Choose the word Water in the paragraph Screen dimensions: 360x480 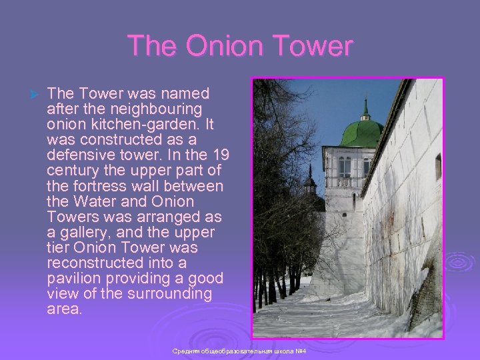(96, 201)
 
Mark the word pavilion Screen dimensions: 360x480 (73, 278)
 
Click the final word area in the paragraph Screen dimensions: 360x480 (65, 309)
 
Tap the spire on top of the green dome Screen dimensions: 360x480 (365, 107)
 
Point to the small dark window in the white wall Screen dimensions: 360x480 (438, 167)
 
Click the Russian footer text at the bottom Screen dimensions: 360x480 (239, 351)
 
